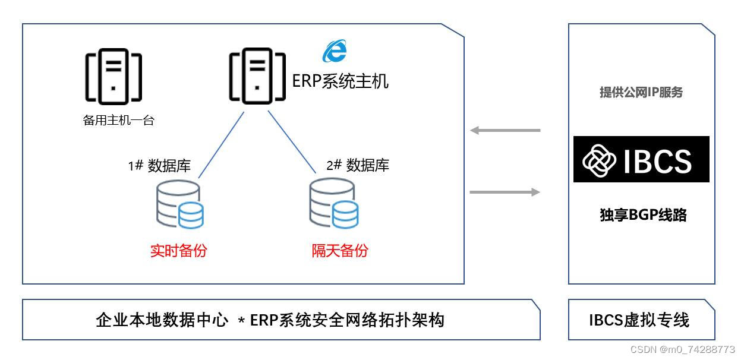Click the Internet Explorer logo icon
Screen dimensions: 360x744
click(x=335, y=51)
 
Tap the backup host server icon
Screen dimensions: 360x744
click(x=114, y=75)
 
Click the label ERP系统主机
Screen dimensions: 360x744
click(x=341, y=80)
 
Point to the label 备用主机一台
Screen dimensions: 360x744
click(x=119, y=121)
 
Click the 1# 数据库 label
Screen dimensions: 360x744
click(x=159, y=166)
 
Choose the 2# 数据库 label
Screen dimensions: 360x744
click(x=358, y=165)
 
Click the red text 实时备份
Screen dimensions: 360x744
click(x=178, y=251)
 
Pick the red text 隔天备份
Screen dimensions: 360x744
click(x=340, y=251)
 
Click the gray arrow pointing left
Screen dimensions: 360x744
click(x=505, y=130)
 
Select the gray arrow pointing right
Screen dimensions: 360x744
click(x=505, y=192)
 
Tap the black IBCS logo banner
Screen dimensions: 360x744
click(x=641, y=159)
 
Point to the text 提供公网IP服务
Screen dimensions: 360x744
click(x=641, y=93)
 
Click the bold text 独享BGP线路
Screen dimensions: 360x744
click(x=643, y=216)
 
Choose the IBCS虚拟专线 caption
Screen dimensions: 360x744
click(x=639, y=321)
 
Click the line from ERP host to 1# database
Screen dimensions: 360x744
click(x=221, y=144)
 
